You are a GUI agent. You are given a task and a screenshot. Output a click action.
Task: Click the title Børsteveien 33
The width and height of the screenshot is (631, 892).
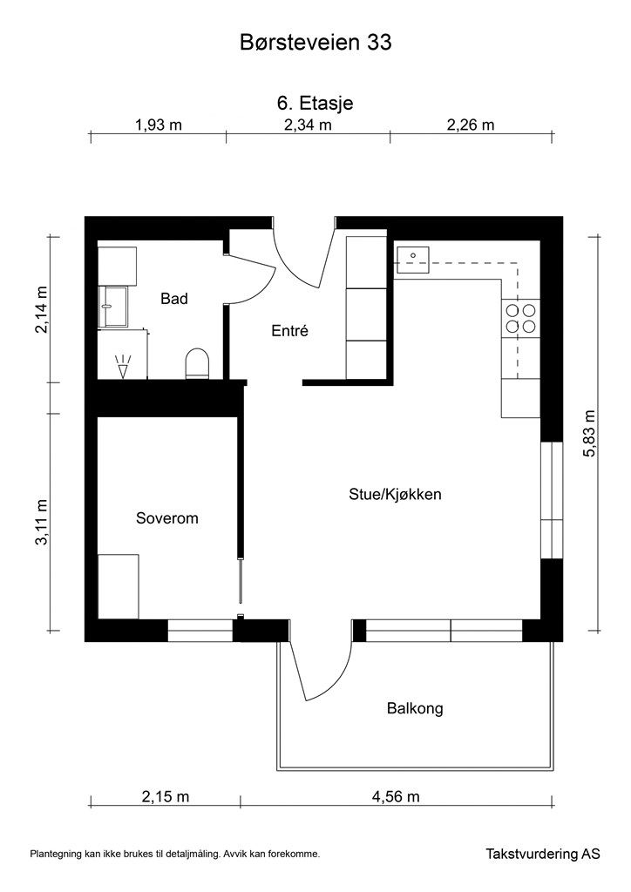315,43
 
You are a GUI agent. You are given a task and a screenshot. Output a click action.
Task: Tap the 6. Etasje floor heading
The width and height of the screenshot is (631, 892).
315,103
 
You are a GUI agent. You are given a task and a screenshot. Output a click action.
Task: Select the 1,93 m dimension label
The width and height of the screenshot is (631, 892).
159,125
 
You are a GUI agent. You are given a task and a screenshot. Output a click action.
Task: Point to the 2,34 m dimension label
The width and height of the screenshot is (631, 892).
308,125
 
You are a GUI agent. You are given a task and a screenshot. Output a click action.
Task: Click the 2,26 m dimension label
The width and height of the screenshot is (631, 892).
471,125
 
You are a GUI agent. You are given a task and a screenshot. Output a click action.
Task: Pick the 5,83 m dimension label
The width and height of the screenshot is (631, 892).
589,434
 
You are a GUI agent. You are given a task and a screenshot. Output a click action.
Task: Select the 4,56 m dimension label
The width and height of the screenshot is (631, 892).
396,797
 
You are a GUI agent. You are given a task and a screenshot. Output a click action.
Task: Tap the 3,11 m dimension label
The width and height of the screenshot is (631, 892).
42,522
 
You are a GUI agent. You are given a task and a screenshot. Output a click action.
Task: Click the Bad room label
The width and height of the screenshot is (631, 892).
174,299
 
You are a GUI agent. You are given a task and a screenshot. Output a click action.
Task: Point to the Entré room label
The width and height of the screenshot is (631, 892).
289,330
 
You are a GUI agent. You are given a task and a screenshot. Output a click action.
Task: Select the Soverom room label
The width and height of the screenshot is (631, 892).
167,518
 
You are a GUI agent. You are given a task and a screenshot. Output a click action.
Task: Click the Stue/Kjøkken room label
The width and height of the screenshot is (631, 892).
395,495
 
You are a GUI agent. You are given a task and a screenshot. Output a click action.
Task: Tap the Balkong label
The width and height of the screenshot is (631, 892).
415,709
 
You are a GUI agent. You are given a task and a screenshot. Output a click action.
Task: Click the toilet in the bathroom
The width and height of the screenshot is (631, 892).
198,364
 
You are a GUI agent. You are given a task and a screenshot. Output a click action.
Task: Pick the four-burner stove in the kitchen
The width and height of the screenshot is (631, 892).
521,318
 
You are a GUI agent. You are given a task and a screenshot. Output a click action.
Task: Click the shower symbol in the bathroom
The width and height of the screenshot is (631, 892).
123,366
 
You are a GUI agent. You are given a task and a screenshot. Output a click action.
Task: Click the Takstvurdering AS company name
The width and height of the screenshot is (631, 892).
543,854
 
